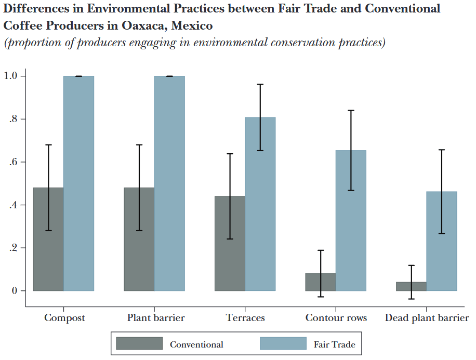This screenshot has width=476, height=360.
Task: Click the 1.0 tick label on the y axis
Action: (11, 76)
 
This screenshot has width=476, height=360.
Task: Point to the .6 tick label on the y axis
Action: (13, 162)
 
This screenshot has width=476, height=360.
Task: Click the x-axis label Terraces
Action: (245, 318)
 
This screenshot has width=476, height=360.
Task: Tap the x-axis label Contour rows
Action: (336, 318)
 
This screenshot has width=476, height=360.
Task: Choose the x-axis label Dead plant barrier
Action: (427, 318)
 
